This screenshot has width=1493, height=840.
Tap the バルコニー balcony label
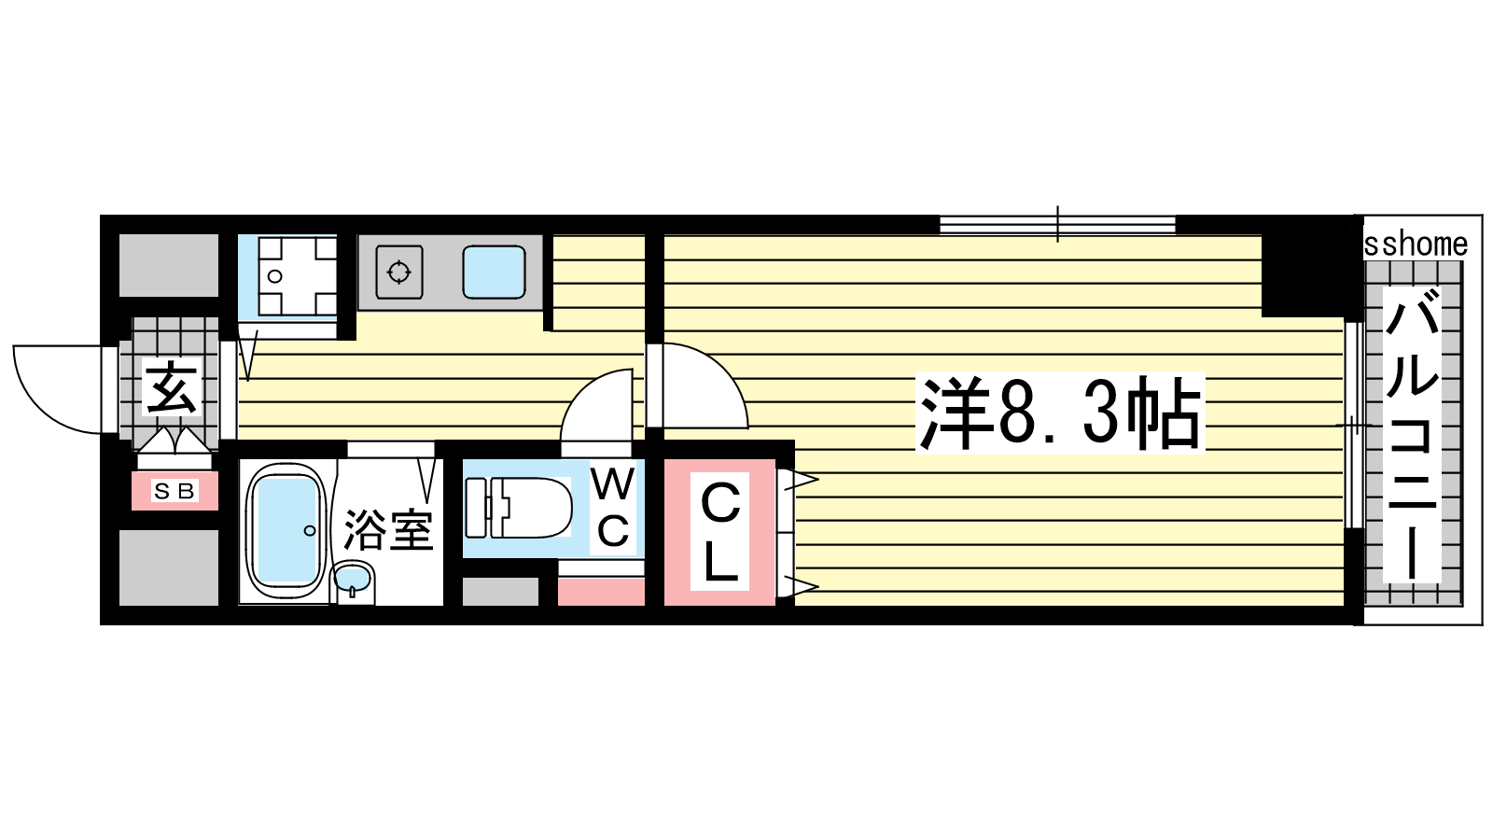[1413, 435]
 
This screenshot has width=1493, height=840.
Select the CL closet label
[719, 531]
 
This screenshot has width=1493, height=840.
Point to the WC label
[612, 509]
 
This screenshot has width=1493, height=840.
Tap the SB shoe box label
[174, 491]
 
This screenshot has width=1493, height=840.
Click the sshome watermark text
[1416, 245]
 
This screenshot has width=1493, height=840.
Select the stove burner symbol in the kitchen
[399, 273]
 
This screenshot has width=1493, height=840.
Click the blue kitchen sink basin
[495, 273]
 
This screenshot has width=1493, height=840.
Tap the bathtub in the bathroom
[285, 531]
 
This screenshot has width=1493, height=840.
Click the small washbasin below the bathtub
[353, 581]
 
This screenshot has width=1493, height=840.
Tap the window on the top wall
[1056, 224]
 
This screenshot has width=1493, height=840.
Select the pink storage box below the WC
[601, 591]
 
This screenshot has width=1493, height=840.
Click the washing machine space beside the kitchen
[287, 276]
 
